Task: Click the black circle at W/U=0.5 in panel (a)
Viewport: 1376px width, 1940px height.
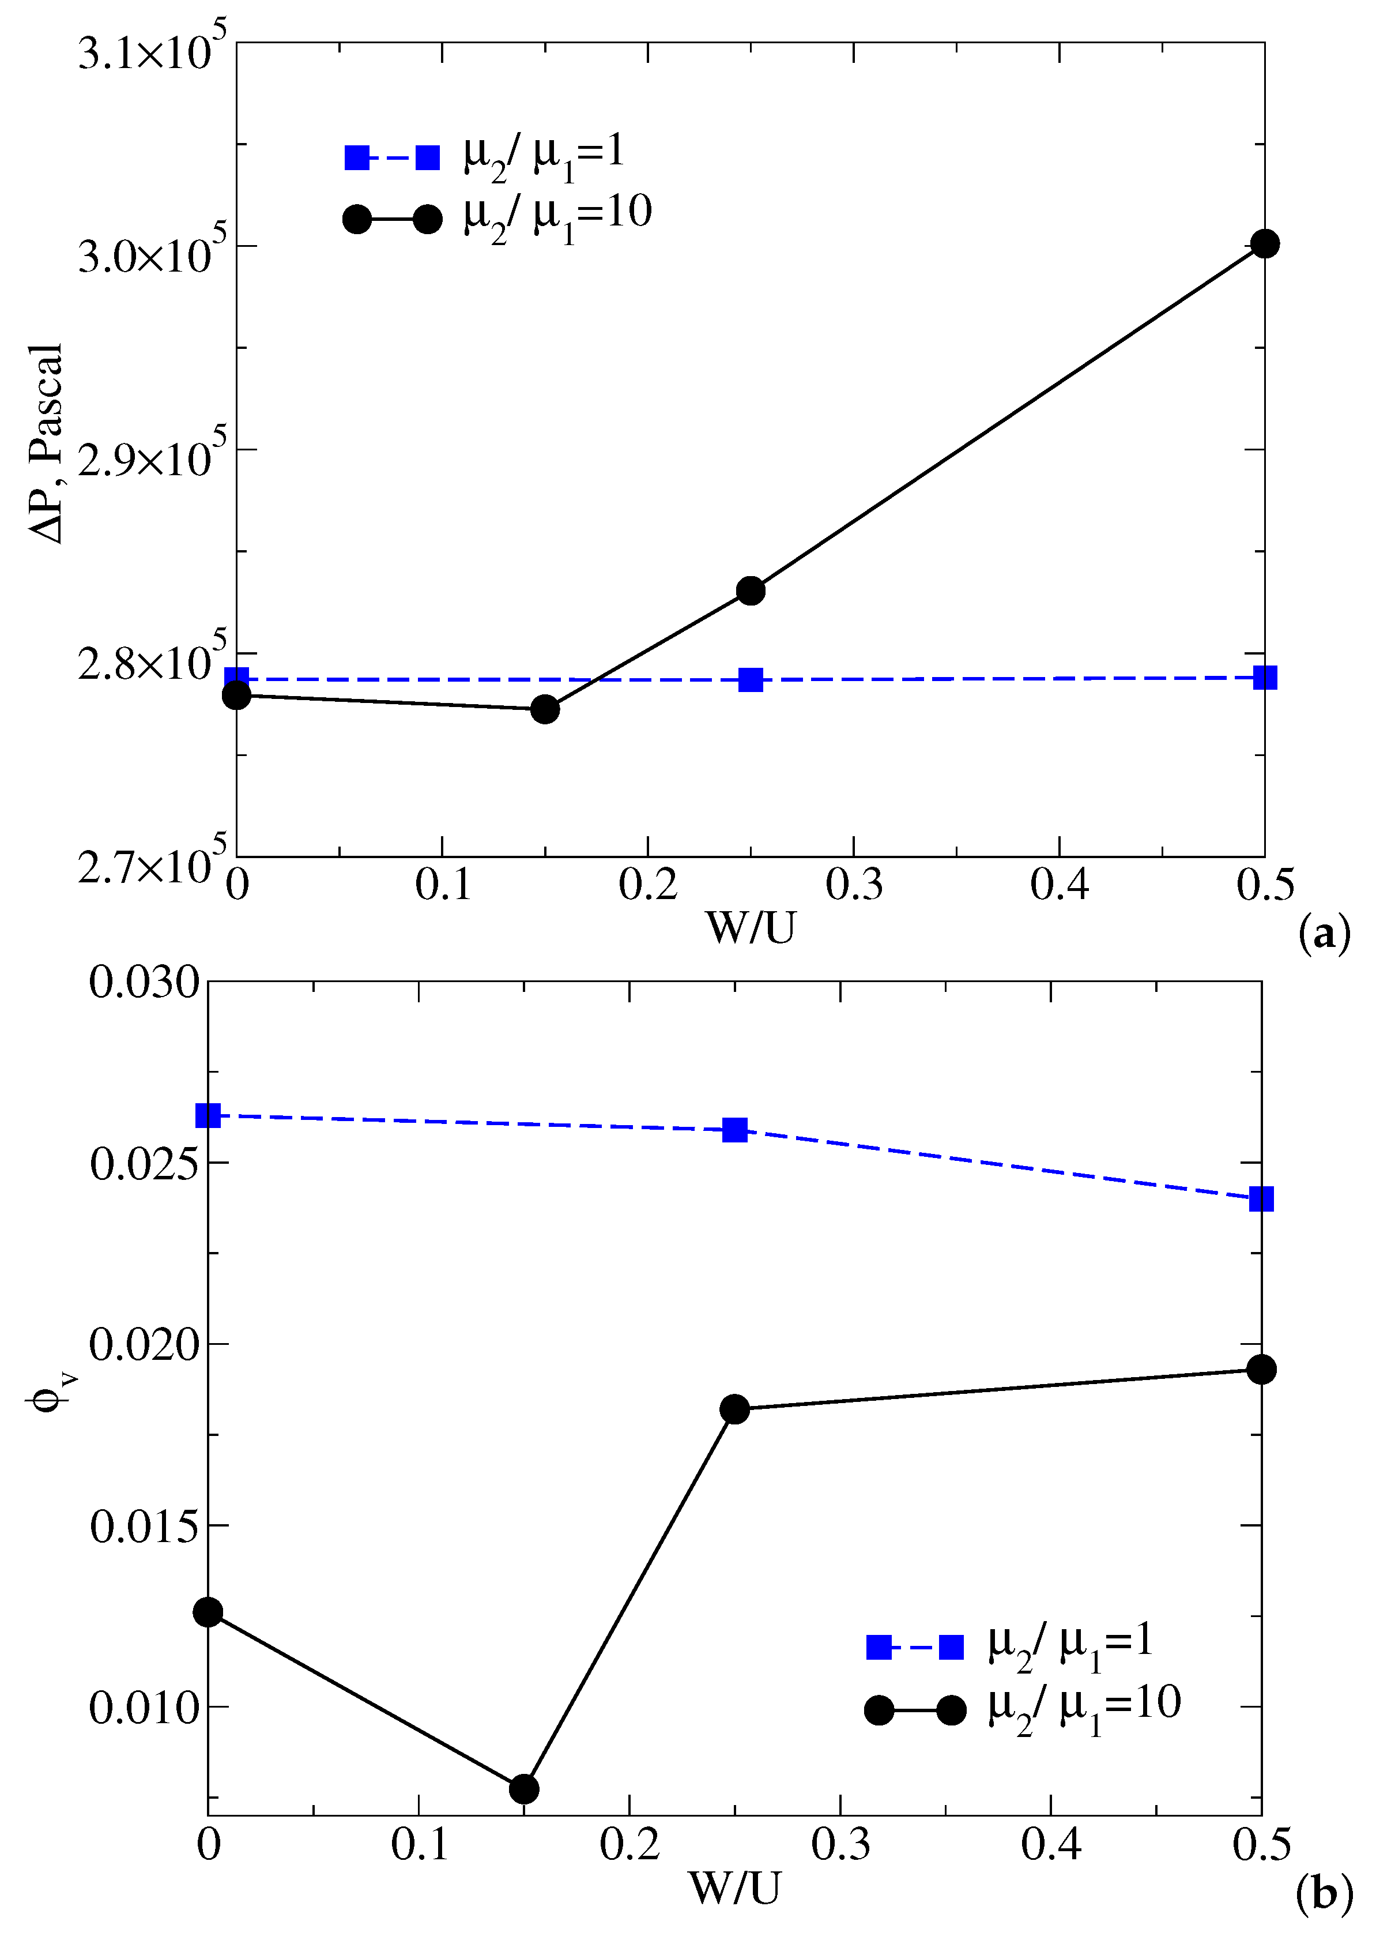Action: pos(1264,244)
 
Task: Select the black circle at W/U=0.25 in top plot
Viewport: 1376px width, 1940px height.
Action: pos(751,591)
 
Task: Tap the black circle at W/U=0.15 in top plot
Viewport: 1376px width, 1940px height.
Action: pos(545,709)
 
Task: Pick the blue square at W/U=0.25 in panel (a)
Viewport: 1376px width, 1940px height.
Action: pos(751,680)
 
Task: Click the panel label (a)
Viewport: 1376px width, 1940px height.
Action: pos(1324,935)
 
